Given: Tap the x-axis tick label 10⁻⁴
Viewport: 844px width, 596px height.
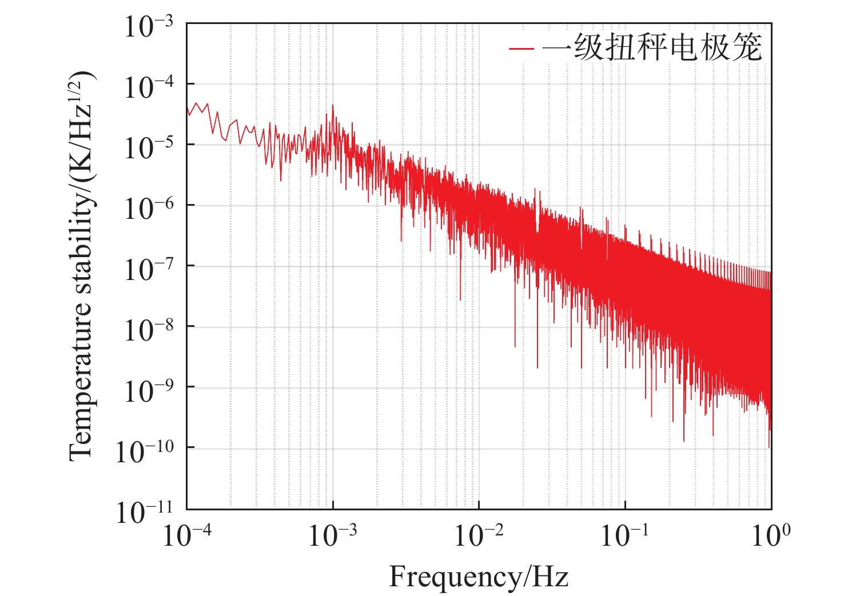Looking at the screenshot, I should pyautogui.click(x=187, y=535).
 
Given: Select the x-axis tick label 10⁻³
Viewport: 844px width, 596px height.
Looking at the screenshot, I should pyautogui.click(x=333, y=535).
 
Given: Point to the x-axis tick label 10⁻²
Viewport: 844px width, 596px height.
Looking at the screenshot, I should pyautogui.click(x=479, y=535).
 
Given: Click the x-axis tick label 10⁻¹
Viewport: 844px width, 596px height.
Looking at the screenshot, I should pyautogui.click(x=624, y=535).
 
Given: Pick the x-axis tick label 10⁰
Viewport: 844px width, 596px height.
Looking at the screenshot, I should pyautogui.click(x=771, y=535).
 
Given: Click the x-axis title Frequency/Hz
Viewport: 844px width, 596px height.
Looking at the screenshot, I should pyautogui.click(x=479, y=577).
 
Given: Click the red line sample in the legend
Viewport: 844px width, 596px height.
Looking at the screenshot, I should pyautogui.click(x=521, y=49).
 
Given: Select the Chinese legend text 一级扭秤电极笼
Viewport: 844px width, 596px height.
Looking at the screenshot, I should pyautogui.click(x=652, y=47).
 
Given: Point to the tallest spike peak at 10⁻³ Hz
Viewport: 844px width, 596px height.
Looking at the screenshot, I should pyautogui.click(x=332, y=105).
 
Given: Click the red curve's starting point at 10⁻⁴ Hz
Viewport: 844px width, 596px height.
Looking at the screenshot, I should pyautogui.click(x=188, y=107).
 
